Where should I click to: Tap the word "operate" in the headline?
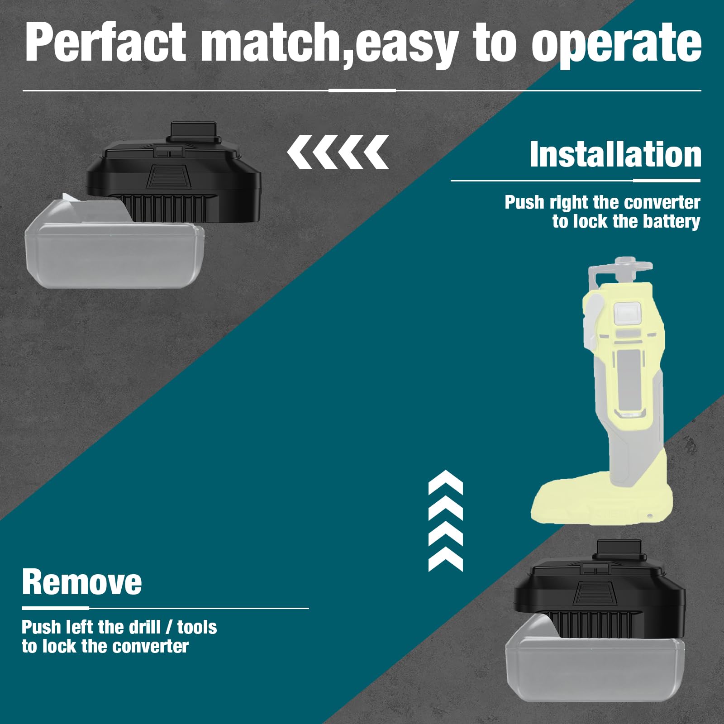click(616, 44)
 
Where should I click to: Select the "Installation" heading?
click(615, 154)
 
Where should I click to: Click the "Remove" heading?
click(81, 582)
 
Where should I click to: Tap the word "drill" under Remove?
click(144, 627)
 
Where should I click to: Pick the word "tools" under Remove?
click(197, 628)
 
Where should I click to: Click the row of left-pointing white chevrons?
click(338, 152)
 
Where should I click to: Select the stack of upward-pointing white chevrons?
click(446, 520)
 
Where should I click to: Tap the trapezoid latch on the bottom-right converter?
click(594, 593)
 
